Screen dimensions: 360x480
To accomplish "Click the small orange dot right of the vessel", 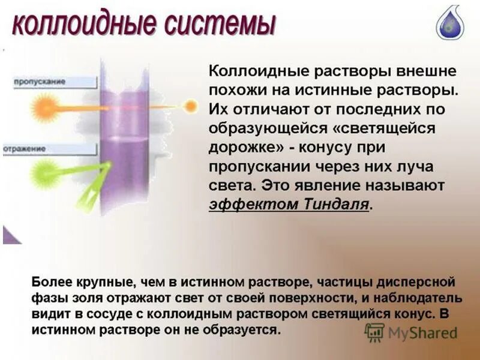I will (x=190, y=107).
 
